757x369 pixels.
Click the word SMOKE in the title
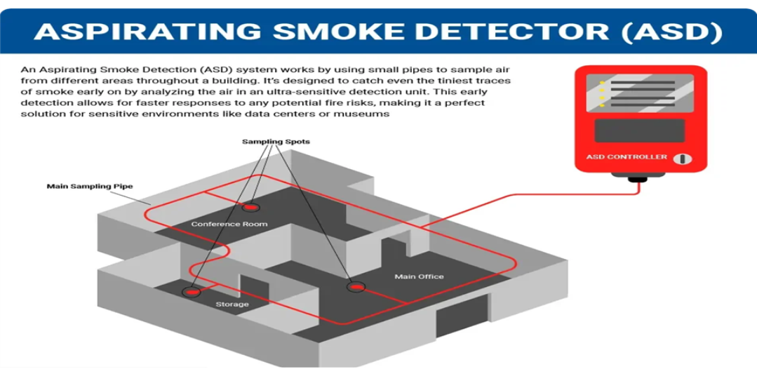pyautogui.click(x=335, y=31)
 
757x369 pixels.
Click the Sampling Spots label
pyautogui.click(x=276, y=142)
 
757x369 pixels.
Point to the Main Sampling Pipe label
pyautogui.click(x=89, y=187)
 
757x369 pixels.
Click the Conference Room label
pyautogui.click(x=229, y=224)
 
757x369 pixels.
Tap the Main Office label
pyautogui.click(x=419, y=276)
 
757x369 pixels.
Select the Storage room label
pyautogui.click(x=232, y=304)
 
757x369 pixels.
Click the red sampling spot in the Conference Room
pyautogui.click(x=250, y=208)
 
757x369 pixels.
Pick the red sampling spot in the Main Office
pyautogui.click(x=356, y=286)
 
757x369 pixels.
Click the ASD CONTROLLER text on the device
pyautogui.click(x=627, y=156)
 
